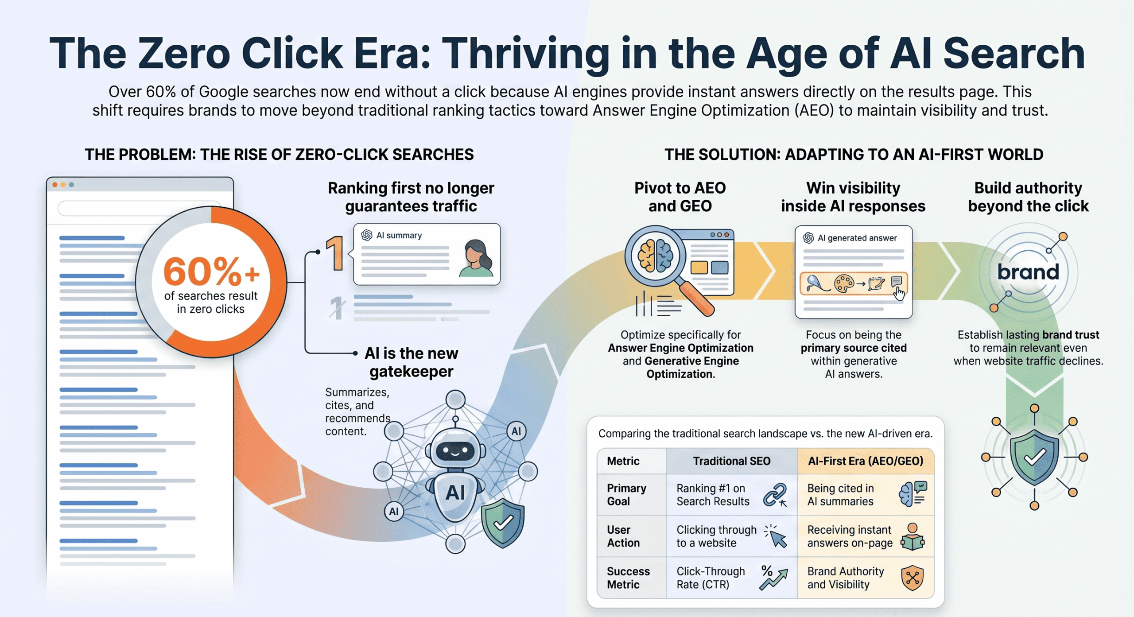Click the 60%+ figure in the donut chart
(x=211, y=272)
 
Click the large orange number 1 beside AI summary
(x=336, y=253)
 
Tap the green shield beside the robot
(x=503, y=523)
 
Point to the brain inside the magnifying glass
(x=655, y=256)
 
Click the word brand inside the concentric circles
(x=1028, y=272)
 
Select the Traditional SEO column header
(x=731, y=461)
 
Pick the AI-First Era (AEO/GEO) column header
(x=865, y=461)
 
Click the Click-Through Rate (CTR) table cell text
(x=710, y=578)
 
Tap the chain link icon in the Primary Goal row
(x=775, y=495)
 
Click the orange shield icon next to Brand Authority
(x=912, y=578)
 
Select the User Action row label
(x=623, y=536)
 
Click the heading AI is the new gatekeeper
(x=411, y=362)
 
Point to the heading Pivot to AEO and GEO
(x=680, y=197)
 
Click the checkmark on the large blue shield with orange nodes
(x=1034, y=458)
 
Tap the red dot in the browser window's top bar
(x=55, y=185)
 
